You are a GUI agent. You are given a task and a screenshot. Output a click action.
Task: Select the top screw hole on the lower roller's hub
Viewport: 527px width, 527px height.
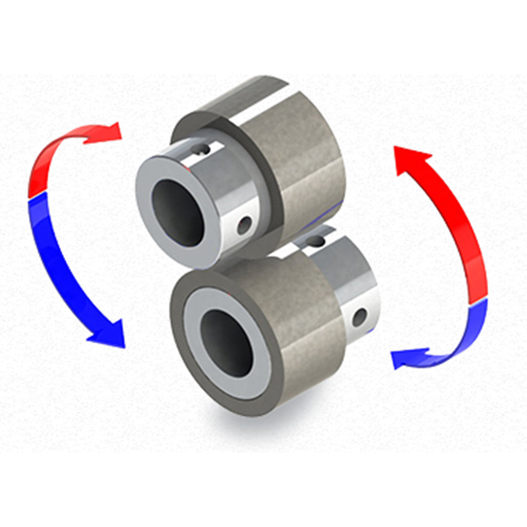click(x=316, y=240)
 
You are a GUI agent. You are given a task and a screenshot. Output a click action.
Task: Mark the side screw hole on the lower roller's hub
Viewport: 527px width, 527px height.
click(x=360, y=318)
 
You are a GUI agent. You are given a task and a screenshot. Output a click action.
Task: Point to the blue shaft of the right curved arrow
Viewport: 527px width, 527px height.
click(x=464, y=337)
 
